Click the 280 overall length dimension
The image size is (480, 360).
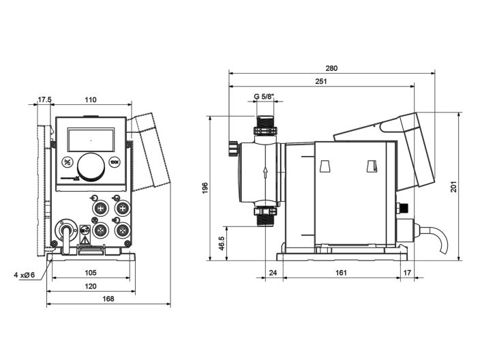331,68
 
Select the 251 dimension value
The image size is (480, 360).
321,82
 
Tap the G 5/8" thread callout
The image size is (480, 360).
264,97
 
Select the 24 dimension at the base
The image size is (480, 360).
273,273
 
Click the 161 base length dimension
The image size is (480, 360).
341,273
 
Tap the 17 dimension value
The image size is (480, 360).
408,273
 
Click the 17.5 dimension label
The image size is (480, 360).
44,100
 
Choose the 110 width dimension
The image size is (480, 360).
90,100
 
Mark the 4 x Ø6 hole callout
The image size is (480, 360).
24,275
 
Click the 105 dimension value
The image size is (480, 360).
90,273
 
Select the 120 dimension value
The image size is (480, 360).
90,286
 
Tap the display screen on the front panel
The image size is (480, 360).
90,139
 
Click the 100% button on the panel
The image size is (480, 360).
115,162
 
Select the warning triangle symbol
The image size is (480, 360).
85,240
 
